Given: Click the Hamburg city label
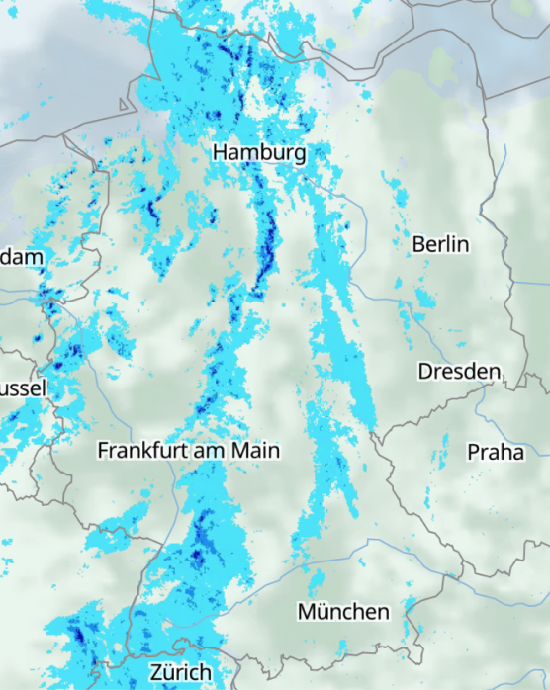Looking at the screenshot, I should coord(259,153).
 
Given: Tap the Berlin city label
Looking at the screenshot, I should coord(440,244).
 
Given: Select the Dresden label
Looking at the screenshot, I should coord(459,372).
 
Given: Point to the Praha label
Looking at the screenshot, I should coord(496,452).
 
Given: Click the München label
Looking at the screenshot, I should coord(343,612).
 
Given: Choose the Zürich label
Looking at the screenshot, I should coord(180,672).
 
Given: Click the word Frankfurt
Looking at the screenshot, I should coord(140,451).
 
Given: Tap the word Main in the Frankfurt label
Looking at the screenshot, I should coord(256,451).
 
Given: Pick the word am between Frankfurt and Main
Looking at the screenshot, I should coord(209,451).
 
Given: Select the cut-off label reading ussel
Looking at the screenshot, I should coord(23,388).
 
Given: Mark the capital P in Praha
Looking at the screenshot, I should coord(473,452).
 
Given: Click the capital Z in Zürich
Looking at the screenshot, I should coord(155,672).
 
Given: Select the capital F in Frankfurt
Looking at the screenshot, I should coord(103,451).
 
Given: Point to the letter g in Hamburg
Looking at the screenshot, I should coord(298,155).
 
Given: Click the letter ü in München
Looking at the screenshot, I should coord(322,612).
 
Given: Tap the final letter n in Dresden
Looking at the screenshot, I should coord(495,373).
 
